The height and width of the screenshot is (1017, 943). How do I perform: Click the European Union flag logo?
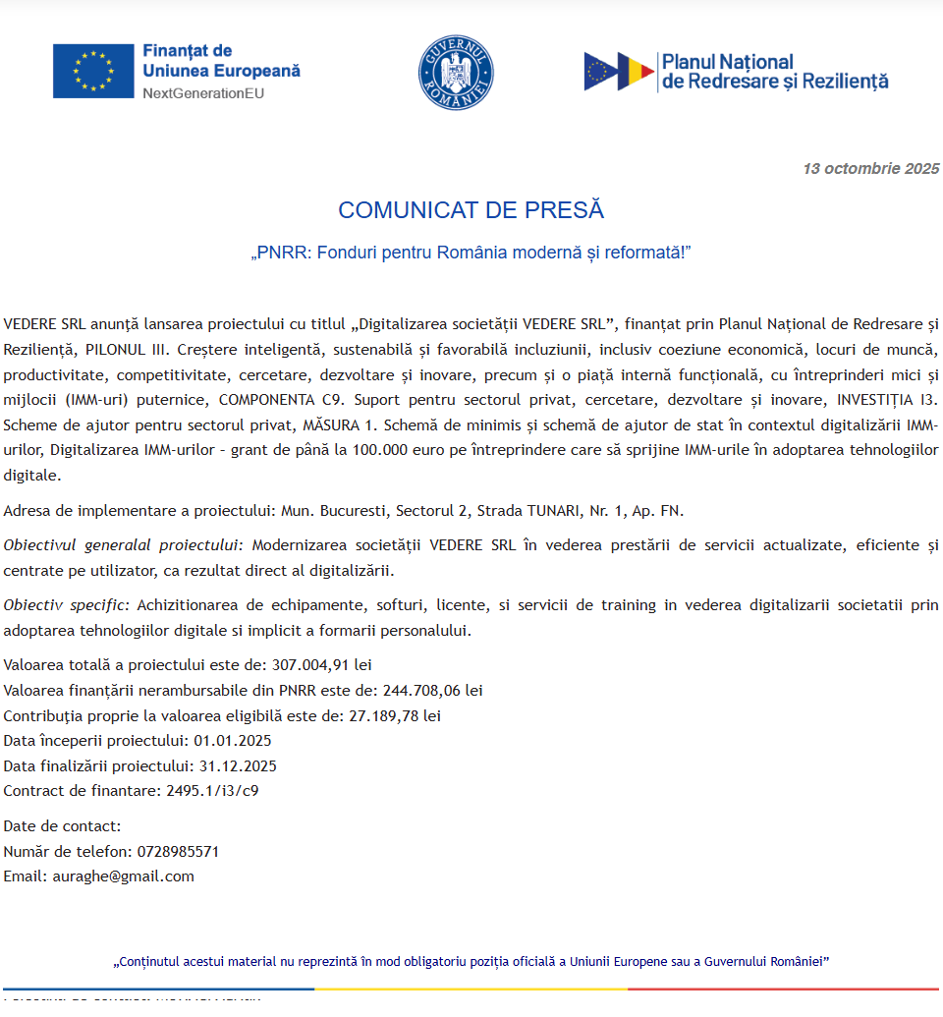coord(93,71)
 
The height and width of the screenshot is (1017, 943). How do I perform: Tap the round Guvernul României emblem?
coord(456,72)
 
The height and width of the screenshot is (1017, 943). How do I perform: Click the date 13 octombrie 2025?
coord(870,168)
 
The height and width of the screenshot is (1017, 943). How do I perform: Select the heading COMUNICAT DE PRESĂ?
coord(471,210)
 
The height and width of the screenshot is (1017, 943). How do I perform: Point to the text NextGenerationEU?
coord(203,93)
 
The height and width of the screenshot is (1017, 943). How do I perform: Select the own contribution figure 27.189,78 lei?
coord(395,715)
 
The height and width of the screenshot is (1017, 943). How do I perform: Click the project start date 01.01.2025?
coord(233,741)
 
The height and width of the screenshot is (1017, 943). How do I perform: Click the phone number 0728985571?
coord(178,851)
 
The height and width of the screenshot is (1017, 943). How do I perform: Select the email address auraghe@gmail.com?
coord(123,876)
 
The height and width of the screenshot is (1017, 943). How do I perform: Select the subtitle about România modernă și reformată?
coord(471,253)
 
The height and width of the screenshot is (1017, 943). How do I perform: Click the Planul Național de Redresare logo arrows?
coord(620,72)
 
